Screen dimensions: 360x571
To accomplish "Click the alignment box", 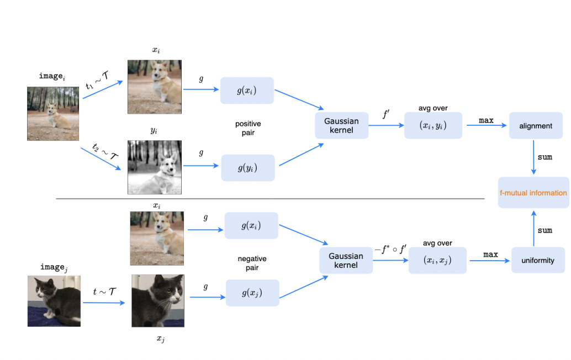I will [535, 126].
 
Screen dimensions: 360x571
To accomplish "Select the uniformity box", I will [537, 260].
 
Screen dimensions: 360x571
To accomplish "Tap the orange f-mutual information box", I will [533, 193].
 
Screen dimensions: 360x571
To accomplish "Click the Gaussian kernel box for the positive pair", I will [341, 125].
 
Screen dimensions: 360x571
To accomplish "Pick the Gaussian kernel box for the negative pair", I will [346, 260].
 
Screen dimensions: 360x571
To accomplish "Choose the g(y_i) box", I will [247, 168].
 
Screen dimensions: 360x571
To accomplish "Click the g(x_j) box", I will [252, 293].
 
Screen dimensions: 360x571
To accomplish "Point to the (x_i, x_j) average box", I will [437, 260].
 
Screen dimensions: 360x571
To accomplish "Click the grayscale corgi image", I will [155, 167].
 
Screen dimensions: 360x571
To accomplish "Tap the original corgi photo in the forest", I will [53, 113].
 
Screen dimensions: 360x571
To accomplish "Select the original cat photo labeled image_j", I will [54, 301].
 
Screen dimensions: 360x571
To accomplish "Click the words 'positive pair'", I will [247, 129].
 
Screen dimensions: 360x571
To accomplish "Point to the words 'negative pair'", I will [252, 263].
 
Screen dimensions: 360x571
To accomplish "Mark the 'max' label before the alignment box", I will [485, 120].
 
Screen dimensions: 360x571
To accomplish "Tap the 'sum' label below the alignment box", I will [544, 157].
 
